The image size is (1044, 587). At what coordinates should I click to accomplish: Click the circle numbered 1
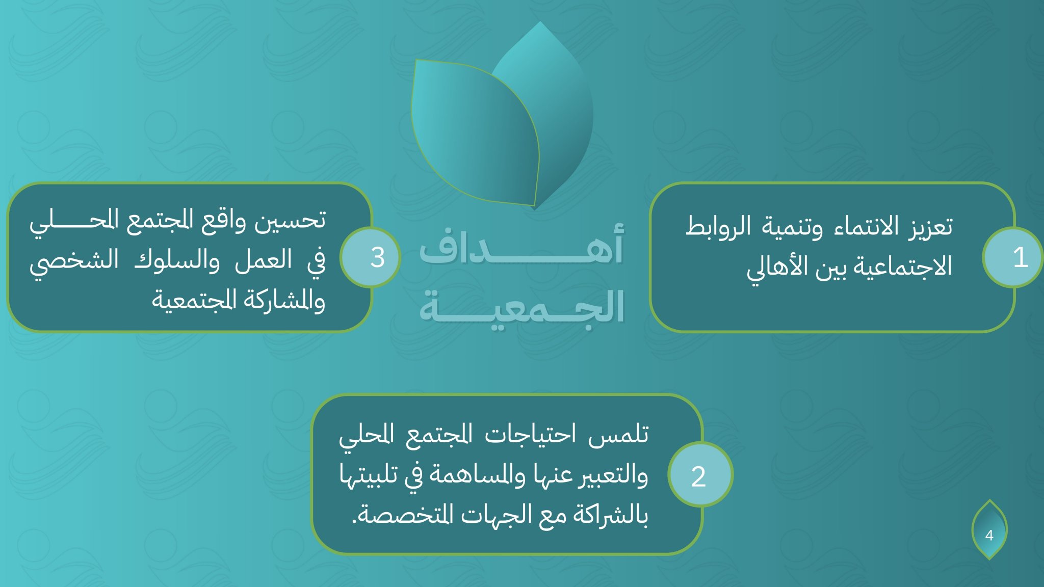[x=1013, y=257]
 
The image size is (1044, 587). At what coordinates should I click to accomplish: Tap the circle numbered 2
[x=699, y=475]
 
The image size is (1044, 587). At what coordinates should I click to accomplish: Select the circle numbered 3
[x=371, y=257]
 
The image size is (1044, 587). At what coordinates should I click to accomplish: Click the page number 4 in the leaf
[x=989, y=535]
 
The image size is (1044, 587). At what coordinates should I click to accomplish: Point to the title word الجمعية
[x=521, y=307]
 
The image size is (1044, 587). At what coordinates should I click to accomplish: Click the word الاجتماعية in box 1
[x=901, y=267]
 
